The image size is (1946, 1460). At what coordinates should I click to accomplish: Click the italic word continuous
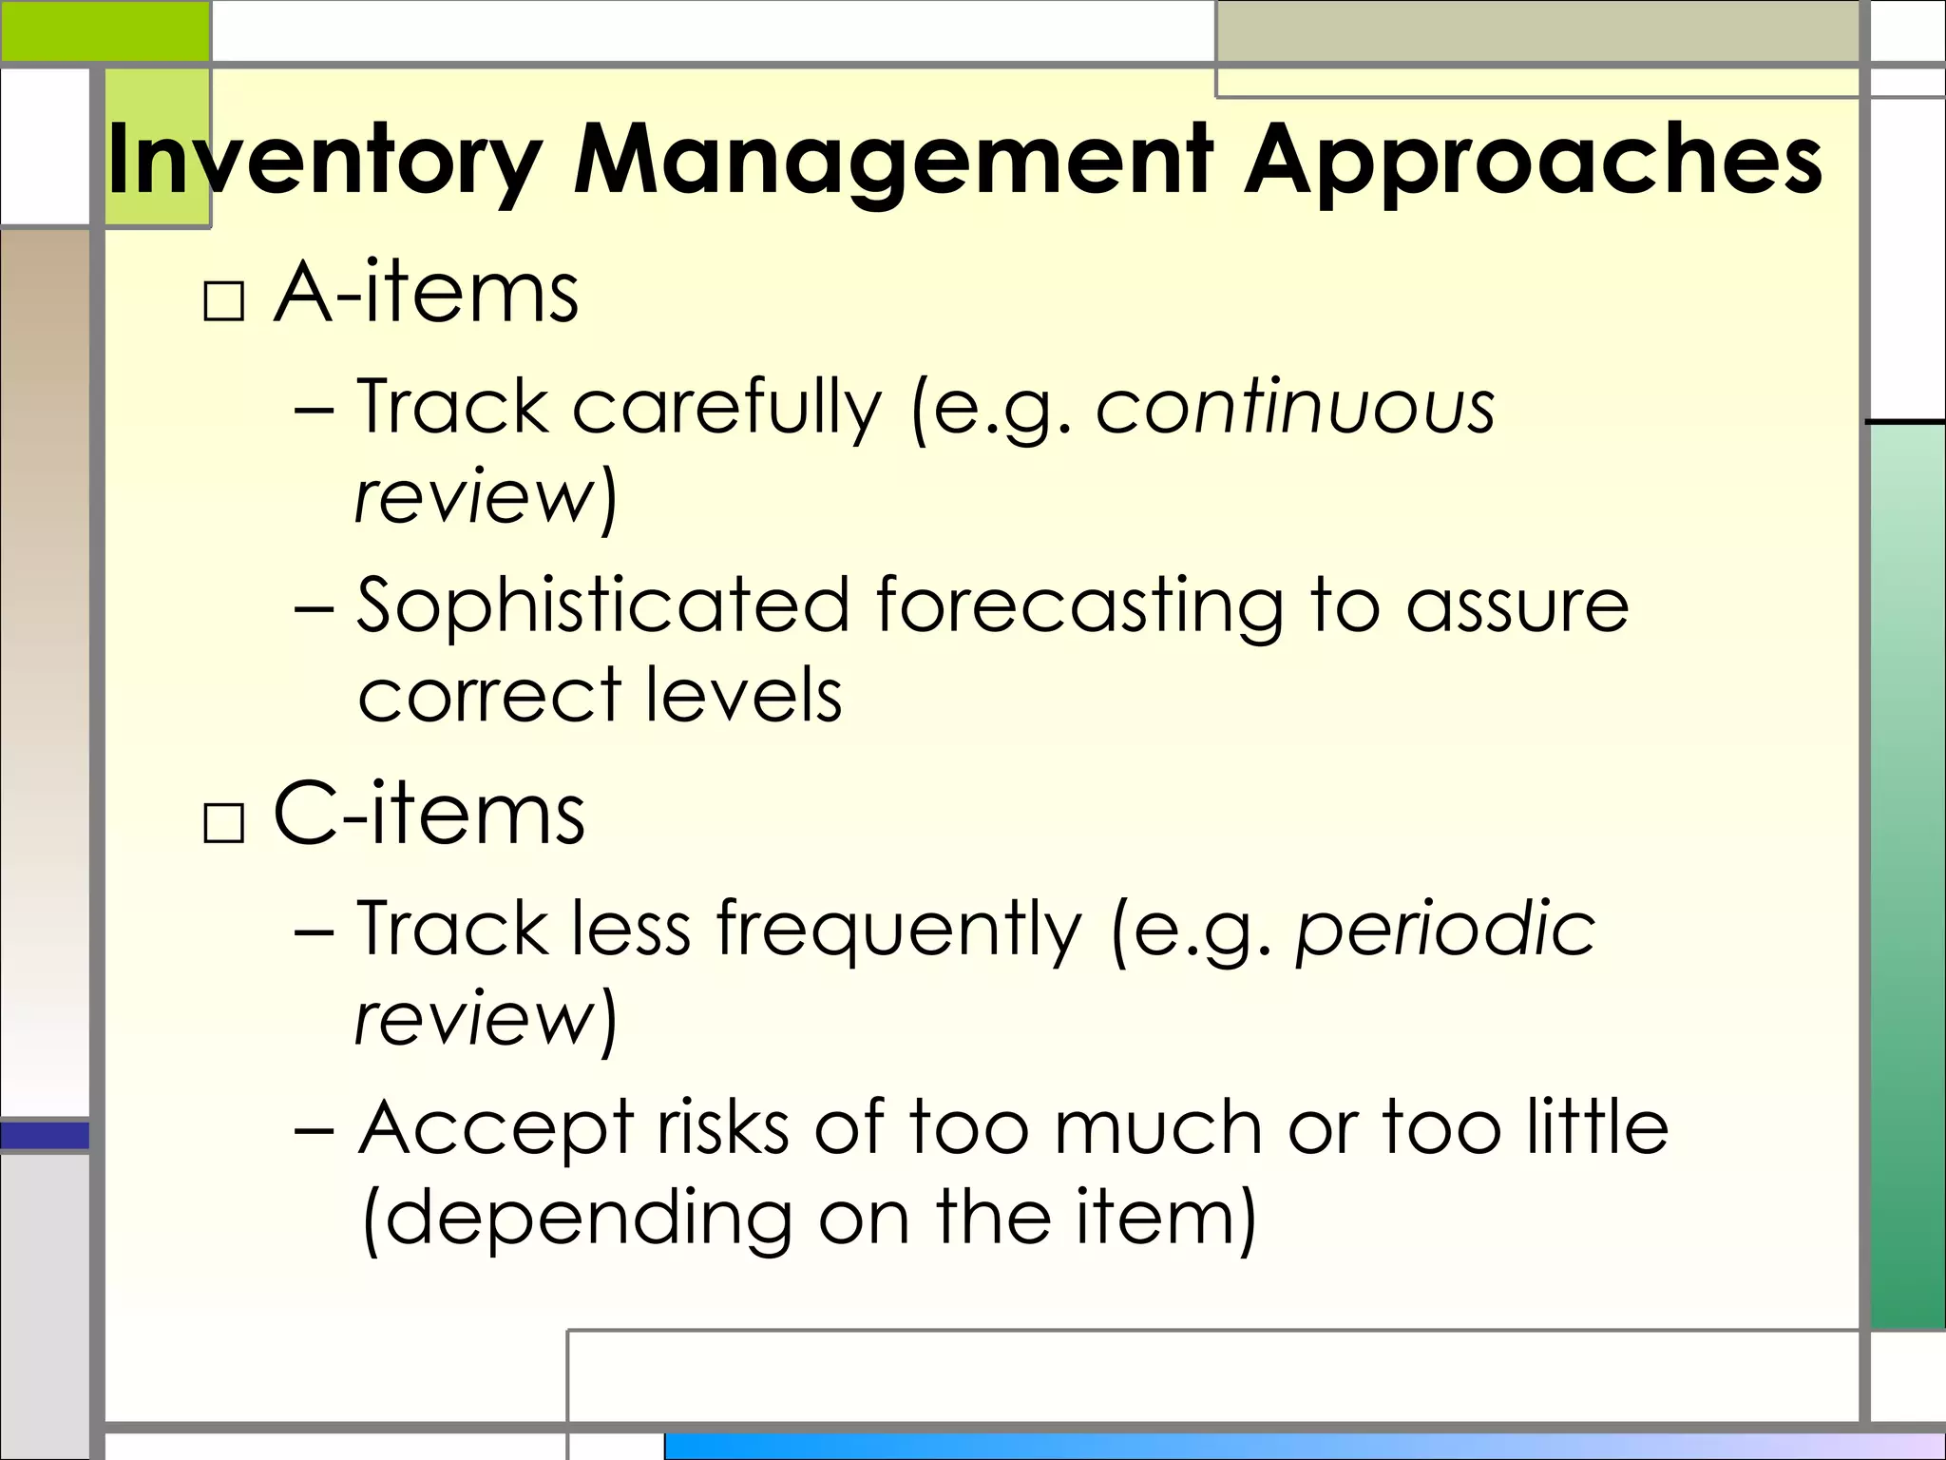point(1295,407)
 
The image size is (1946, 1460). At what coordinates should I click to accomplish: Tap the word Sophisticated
point(602,605)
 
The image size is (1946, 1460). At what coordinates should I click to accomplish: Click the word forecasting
point(1078,605)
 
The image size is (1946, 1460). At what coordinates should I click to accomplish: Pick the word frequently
point(898,930)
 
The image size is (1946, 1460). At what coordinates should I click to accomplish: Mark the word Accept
point(495,1128)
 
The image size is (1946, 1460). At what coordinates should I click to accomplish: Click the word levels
point(743,694)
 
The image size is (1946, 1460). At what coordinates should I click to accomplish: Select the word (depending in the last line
point(577,1218)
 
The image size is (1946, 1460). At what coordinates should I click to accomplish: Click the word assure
point(1517,605)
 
